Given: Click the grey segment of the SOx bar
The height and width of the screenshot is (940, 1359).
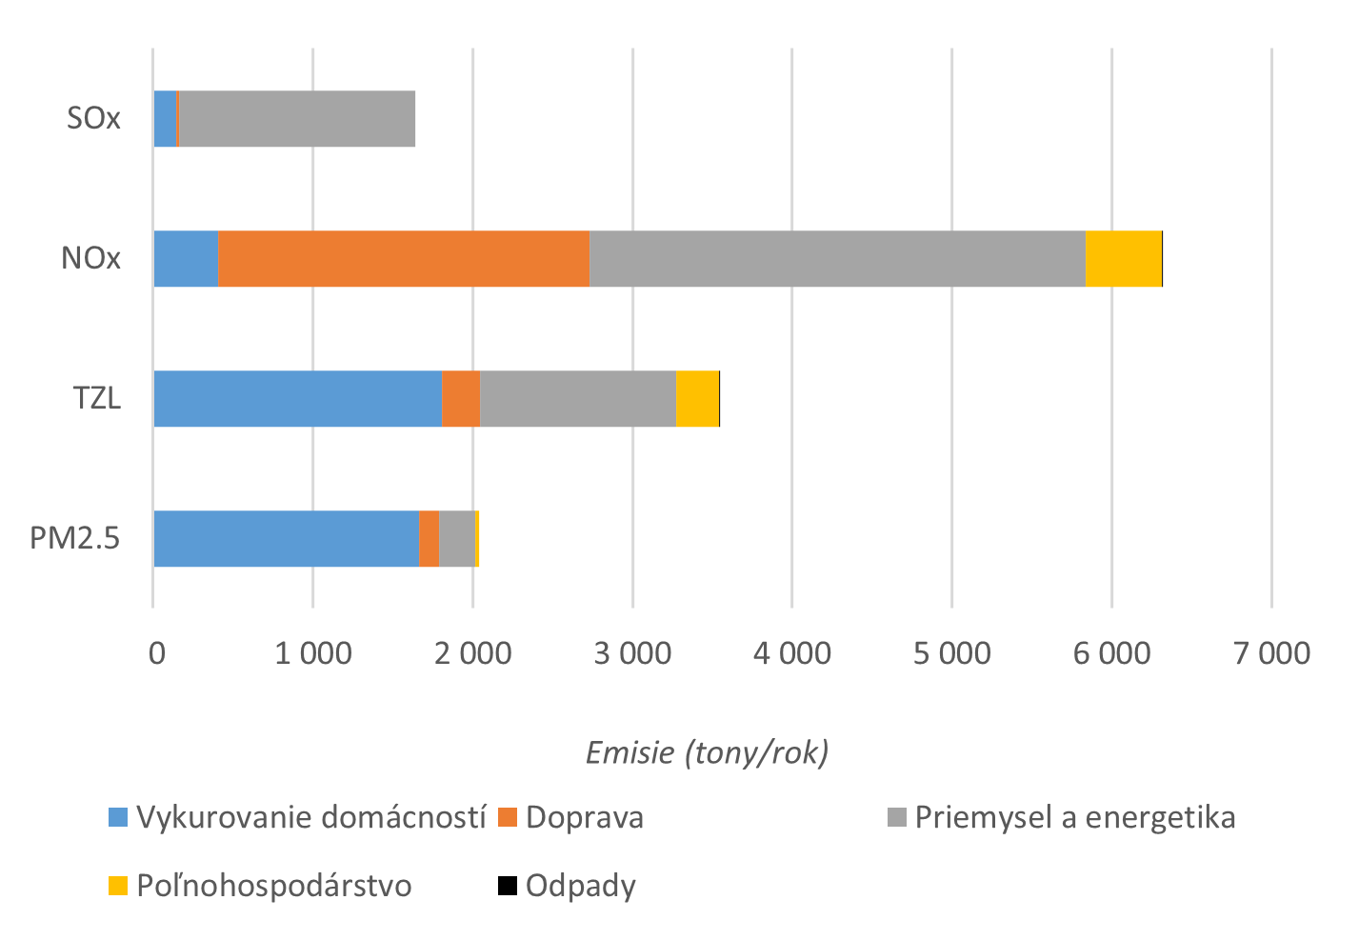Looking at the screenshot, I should [x=296, y=119].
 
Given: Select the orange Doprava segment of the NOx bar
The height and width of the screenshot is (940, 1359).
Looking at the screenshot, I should [x=404, y=258].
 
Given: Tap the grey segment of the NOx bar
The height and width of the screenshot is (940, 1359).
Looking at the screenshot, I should [x=837, y=258].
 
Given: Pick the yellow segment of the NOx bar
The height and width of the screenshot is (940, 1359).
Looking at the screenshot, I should [x=1123, y=258].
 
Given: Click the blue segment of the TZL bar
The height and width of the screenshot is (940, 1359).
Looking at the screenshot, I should [x=297, y=398].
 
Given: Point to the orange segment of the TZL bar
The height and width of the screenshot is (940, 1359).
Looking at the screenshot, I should [x=461, y=398].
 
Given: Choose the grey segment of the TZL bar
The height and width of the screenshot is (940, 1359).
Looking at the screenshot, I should [x=578, y=398].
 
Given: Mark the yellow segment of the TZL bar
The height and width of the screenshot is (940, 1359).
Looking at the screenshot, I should [x=697, y=398].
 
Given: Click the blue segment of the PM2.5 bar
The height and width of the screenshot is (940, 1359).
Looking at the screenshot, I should [x=286, y=538].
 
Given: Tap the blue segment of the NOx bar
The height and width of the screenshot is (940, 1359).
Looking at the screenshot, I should [x=186, y=258].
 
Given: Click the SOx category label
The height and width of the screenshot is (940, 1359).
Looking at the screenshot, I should [x=93, y=119].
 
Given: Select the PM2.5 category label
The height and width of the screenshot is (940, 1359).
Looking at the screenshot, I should [x=75, y=538].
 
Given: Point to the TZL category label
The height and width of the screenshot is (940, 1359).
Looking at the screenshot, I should [x=97, y=398].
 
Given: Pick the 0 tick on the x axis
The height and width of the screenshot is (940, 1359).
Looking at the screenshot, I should [x=155, y=653].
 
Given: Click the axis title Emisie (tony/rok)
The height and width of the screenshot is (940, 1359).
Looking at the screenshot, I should [x=707, y=752].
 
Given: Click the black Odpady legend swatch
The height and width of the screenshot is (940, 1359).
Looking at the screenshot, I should [x=508, y=886].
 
